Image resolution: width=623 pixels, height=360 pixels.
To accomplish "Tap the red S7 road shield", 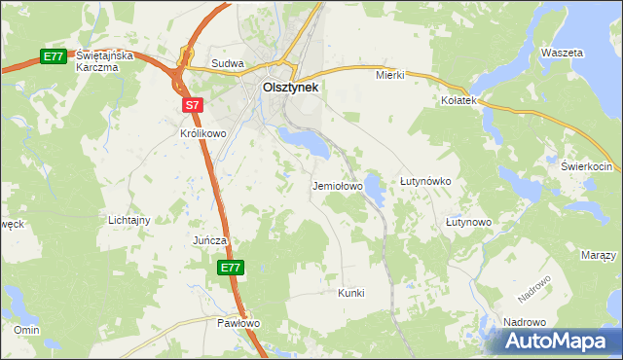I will [191, 104].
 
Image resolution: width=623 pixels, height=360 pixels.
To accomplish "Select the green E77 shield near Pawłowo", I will [230, 268].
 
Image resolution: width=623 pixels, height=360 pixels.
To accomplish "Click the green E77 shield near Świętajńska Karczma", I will [53, 57].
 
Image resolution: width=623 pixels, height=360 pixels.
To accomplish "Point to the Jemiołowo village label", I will [337, 185].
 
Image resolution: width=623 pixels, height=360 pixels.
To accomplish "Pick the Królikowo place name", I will [202, 133].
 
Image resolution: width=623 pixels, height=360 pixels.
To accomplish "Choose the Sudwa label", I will [227, 64].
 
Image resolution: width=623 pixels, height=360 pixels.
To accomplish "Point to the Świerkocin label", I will [584, 166].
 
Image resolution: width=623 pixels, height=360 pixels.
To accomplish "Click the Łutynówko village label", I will [425, 182].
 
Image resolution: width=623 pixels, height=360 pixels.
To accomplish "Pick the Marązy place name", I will [598, 255].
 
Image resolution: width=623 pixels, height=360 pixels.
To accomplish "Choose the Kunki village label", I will [350, 293].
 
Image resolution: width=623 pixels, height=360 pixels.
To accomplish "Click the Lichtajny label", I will [128, 220].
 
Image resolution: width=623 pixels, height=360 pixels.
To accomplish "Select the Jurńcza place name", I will [209, 240].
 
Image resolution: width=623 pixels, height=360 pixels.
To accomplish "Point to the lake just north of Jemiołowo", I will [310, 144].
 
